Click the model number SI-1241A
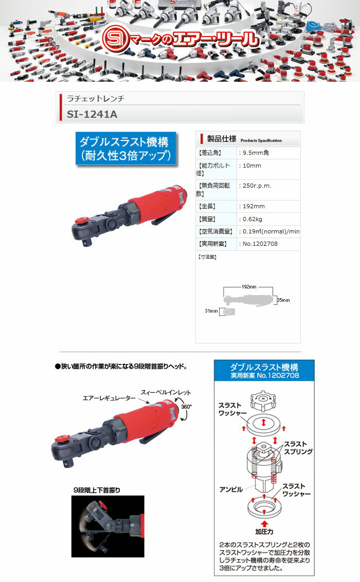coord(92,115)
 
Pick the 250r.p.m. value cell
coord(256,186)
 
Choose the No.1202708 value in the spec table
coord(259,243)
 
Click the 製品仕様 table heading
coord(222,139)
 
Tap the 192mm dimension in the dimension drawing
coord(249,286)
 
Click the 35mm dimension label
coord(283,300)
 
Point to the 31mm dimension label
coord(211,311)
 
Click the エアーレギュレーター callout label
coord(109,398)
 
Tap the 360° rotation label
coord(186,406)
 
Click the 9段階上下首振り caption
coord(100,490)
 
